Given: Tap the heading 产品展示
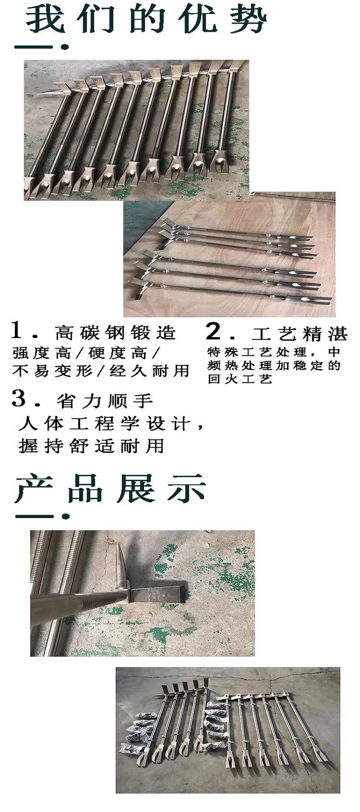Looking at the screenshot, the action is point(110,488).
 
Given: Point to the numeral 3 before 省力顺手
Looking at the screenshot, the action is point(19,398).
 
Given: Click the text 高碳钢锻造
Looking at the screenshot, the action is point(115,333).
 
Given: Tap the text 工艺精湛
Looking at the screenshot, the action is point(300,334).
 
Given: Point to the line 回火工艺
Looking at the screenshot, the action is point(240,379).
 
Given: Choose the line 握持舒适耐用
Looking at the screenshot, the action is point(91,446).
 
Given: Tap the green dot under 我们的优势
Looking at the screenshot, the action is point(65,47).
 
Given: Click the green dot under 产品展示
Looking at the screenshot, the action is point(66,517).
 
